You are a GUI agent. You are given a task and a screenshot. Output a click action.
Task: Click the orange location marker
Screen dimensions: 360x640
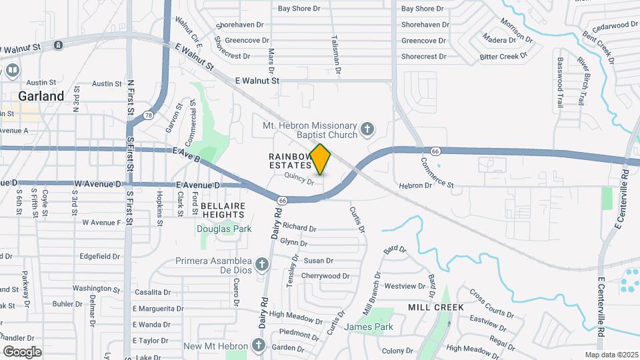tap(321, 159)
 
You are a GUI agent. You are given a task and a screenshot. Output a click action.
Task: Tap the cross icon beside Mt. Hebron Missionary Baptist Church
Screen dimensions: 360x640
tap(366, 128)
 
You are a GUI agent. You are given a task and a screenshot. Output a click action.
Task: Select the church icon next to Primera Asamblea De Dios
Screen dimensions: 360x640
tap(262, 264)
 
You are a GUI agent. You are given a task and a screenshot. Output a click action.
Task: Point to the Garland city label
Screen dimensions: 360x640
tap(41, 96)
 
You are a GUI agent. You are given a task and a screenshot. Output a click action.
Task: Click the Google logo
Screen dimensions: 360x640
tap(22, 351)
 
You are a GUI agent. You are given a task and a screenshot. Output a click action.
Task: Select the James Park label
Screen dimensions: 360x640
tap(369, 327)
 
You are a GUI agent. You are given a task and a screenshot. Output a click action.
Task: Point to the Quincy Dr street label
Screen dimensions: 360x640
tap(299, 178)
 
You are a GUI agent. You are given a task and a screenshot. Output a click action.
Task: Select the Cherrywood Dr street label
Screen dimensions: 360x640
tap(325, 276)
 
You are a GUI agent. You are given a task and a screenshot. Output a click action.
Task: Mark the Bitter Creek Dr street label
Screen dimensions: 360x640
tap(508, 57)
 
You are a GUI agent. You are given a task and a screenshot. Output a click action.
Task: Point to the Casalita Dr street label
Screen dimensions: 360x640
tap(153, 293)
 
